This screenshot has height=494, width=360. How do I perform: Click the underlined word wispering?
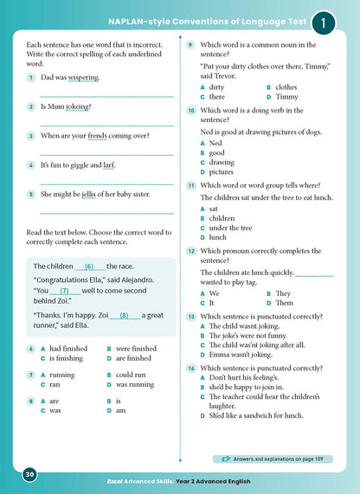(x=83, y=77)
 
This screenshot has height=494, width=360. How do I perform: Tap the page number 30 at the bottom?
(x=29, y=474)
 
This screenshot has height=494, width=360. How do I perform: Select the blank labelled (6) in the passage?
(x=89, y=266)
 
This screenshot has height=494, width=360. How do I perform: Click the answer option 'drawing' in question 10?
(x=222, y=162)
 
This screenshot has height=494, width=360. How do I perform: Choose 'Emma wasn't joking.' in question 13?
(x=247, y=353)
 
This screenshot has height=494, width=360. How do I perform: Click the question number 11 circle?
(x=190, y=185)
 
